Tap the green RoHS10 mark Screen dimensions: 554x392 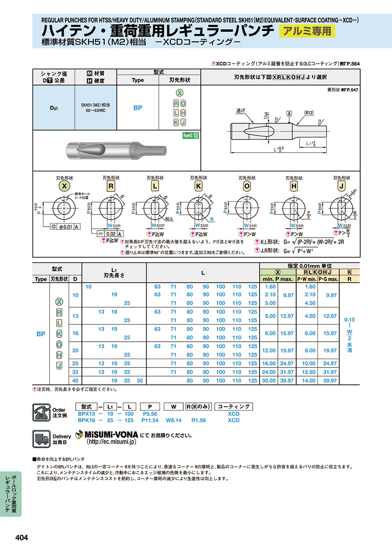coord(191,136)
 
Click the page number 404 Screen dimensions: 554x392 coord(22,538)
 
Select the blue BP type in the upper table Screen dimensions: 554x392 coord(138,108)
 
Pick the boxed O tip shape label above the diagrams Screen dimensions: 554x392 coord(247,187)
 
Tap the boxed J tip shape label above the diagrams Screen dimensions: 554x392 coord(341,187)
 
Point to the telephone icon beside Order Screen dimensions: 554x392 coord(41,412)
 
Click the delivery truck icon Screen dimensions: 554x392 coord(41,438)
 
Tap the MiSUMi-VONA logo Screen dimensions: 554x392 coord(107,435)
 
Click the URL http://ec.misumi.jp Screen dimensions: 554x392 coord(112,442)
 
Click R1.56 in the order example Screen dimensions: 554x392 coord(199,420)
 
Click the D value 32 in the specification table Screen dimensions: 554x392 coord(75,372)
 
